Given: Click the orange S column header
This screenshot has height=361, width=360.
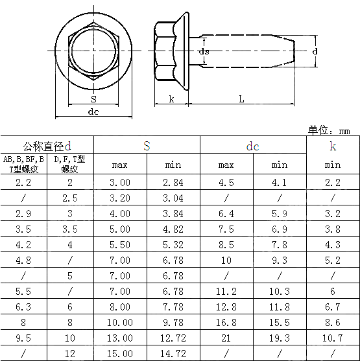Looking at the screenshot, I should pyautogui.click(x=147, y=146).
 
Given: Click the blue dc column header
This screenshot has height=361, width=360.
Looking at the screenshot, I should pyautogui.click(x=252, y=146).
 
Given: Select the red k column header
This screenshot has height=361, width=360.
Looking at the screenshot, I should pyautogui.click(x=332, y=146).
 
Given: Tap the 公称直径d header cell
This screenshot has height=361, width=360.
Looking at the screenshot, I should pyautogui.click(x=47, y=146).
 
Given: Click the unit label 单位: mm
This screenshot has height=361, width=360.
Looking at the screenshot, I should pyautogui.click(x=329, y=130).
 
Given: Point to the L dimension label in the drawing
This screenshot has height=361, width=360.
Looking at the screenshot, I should pyautogui.click(x=241, y=99).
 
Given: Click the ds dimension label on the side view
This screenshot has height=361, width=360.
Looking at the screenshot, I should pyautogui.click(x=204, y=51).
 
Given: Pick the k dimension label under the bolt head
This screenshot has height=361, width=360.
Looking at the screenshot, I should pyautogui.click(x=171, y=99).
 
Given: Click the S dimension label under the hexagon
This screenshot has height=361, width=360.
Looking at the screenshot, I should pyautogui.click(x=93, y=99).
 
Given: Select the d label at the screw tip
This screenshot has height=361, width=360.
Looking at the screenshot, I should pyautogui.click(x=315, y=51).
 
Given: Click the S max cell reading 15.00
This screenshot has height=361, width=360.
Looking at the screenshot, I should pyautogui.click(x=120, y=353).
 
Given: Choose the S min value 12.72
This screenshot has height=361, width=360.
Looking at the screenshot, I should pyautogui.click(x=173, y=338).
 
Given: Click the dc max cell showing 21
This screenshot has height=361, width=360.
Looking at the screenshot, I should pyautogui.click(x=226, y=338).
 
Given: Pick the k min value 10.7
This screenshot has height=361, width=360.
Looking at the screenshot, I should pyautogui.click(x=332, y=338).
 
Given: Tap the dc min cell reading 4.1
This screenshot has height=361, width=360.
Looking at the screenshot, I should pyautogui.click(x=279, y=183).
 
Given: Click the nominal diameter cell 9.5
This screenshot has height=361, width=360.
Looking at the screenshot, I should pyautogui.click(x=23, y=338).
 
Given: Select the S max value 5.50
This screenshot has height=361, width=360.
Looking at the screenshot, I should pyautogui.click(x=120, y=244).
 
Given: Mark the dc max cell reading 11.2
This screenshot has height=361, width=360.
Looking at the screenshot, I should pyautogui.click(x=226, y=291).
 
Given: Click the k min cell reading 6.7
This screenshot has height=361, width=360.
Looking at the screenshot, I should pyautogui.click(x=332, y=307).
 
